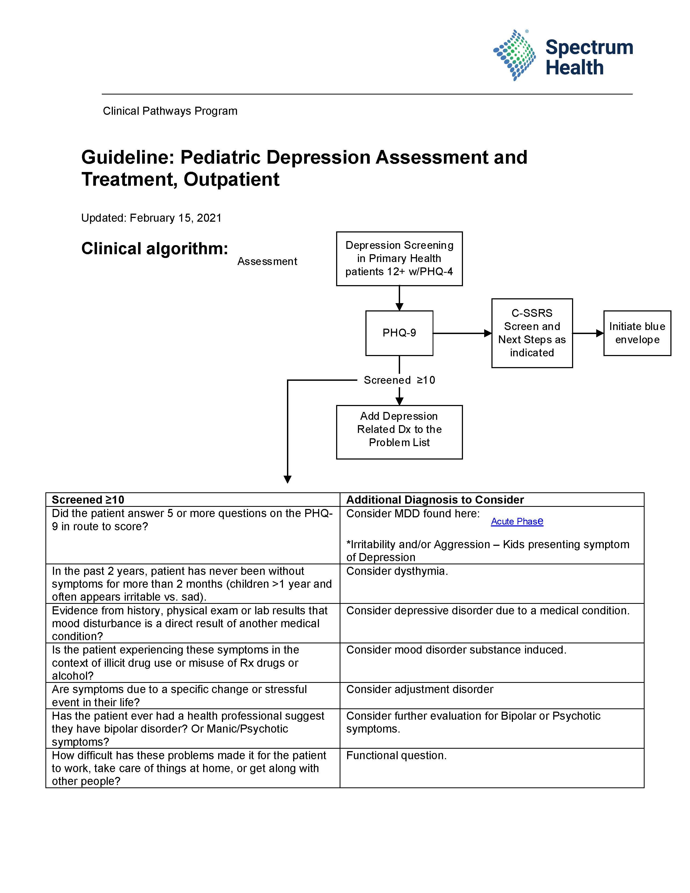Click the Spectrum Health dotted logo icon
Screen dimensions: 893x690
(x=514, y=55)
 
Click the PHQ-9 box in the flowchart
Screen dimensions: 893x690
(x=399, y=333)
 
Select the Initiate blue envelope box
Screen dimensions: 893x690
(x=637, y=333)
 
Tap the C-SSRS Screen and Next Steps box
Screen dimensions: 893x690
(x=531, y=333)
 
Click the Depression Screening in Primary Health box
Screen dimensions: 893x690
(x=399, y=259)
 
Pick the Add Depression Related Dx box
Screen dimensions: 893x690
(x=399, y=432)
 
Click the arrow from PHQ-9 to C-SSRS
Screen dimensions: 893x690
(x=462, y=333)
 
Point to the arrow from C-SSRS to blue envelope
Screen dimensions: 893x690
(x=588, y=333)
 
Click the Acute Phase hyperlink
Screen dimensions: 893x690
(x=517, y=521)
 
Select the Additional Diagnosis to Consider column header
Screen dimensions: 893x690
(x=435, y=500)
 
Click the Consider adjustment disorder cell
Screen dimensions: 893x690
(x=419, y=689)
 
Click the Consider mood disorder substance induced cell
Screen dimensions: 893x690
(x=456, y=650)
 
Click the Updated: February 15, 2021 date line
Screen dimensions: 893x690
(x=151, y=218)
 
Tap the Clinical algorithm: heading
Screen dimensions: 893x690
(x=154, y=249)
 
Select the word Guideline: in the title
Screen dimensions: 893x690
(x=128, y=157)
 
